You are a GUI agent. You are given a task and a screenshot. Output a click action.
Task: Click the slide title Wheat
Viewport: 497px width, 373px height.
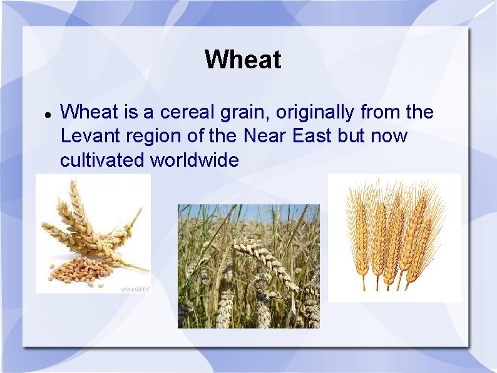pyautogui.click(x=243, y=60)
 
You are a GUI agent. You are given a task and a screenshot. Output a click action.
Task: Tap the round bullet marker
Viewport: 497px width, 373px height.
pyautogui.click(x=46, y=115)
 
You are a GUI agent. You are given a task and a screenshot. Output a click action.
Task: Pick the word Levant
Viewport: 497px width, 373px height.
pyautogui.click(x=86, y=137)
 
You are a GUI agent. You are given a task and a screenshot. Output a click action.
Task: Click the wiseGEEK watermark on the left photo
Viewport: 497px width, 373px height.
pyautogui.click(x=134, y=289)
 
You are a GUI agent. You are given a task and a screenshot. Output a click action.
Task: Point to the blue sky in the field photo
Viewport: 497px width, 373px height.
pyautogui.click(x=250, y=212)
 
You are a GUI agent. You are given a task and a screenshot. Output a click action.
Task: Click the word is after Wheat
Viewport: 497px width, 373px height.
pyautogui.click(x=130, y=113)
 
